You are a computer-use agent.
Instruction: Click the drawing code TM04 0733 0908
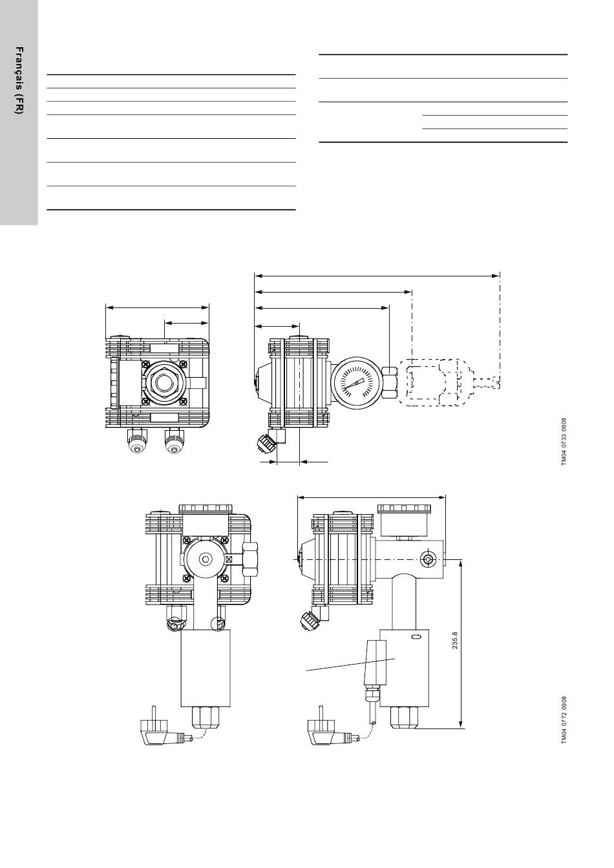tap(564, 442)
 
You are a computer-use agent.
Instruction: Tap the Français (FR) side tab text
tap(19, 80)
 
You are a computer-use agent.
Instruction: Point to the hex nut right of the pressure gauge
tap(390, 382)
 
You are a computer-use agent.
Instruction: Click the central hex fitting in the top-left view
tap(162, 382)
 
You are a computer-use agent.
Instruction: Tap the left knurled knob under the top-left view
tap(136, 441)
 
